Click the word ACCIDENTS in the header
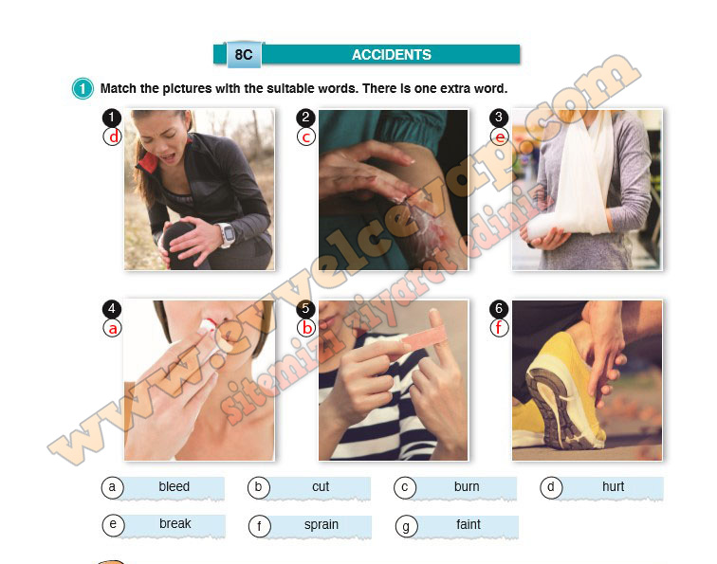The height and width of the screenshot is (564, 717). point(392,55)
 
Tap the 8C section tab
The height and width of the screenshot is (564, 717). point(244,55)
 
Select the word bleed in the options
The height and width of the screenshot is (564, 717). point(174,486)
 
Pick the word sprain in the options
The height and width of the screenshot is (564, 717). point(321,525)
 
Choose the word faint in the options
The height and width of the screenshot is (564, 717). point(469,524)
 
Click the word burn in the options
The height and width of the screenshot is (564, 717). point(467,486)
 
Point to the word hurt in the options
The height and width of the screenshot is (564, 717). point(613,486)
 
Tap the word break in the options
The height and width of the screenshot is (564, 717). point(175,523)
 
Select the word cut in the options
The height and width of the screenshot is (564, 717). point(321,486)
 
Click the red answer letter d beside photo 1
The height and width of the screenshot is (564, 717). point(113,136)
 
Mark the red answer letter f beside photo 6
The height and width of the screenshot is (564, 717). point(499,327)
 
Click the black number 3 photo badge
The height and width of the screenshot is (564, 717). point(499,118)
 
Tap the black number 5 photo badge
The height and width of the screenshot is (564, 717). point(305,309)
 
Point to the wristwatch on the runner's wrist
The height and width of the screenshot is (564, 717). point(227,234)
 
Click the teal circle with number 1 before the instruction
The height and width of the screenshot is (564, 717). point(83,88)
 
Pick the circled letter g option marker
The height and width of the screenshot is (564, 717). point(406,526)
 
